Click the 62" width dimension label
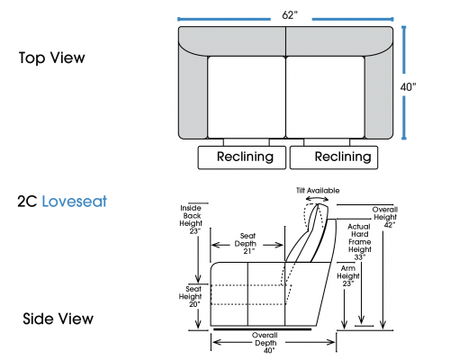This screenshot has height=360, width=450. [290, 15]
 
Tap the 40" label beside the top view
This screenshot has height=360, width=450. [408, 87]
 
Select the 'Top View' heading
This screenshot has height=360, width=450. [52, 58]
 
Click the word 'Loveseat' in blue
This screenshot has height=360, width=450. [75, 202]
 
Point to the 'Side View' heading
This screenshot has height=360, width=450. [58, 319]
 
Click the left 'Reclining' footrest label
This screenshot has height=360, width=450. [245, 157]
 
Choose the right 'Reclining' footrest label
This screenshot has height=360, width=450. [343, 157]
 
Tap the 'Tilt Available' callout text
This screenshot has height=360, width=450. [318, 191]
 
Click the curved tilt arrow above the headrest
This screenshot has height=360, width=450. [317, 198]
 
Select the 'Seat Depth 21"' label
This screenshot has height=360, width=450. [247, 244]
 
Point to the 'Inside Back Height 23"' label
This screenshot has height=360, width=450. [191, 220]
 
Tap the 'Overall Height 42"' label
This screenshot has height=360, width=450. [385, 217]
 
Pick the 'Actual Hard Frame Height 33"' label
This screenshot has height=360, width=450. [360, 242]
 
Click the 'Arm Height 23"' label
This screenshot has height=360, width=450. [348, 276]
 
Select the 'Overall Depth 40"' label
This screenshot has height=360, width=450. [265, 343]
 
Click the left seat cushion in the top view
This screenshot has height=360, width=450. [247, 97]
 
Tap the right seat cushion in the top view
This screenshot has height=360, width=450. [325, 97]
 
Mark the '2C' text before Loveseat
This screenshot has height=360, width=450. [27, 202]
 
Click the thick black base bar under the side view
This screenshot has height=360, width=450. [263, 329]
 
